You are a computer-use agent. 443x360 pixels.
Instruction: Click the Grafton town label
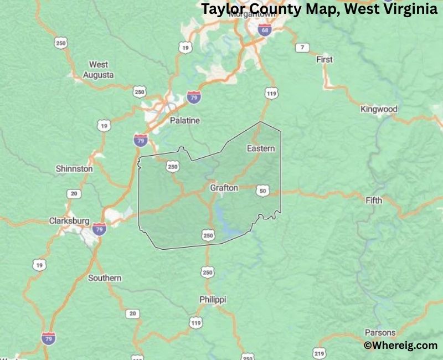point(224,188)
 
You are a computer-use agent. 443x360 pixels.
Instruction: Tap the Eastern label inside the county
point(260,148)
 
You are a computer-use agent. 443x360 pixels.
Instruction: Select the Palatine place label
point(185,120)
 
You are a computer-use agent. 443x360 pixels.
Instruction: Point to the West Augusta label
point(99,69)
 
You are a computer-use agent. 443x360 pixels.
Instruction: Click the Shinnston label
point(74,168)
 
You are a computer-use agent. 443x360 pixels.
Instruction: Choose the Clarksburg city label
point(69,220)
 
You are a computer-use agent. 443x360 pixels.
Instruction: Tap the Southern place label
point(105,277)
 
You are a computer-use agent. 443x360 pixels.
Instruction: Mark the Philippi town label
point(213,299)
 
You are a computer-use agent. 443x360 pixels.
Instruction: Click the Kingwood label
point(379,109)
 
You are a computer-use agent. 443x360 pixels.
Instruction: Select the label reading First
point(324,59)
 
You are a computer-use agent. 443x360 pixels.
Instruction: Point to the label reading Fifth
point(374,200)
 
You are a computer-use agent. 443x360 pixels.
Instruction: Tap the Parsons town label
point(380,333)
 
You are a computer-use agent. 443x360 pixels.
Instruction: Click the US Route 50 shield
point(263,191)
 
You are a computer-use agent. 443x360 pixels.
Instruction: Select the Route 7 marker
point(302,47)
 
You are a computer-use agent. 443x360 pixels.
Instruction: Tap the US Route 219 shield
point(318,353)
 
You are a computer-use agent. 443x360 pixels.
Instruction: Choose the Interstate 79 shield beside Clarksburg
point(99,229)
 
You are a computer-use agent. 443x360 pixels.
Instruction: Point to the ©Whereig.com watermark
point(400,346)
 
